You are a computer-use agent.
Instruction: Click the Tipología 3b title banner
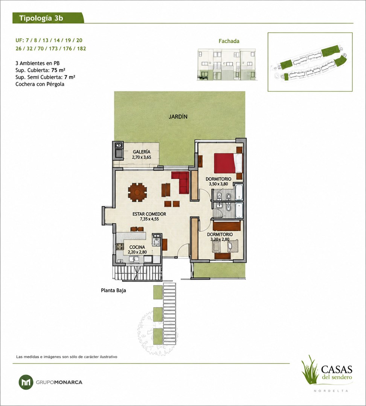[48, 18]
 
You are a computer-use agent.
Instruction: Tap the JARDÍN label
[178, 117]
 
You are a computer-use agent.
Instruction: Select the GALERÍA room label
[141, 152]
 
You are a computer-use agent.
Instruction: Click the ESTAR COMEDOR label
[149, 214]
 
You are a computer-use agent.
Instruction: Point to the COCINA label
[137, 247]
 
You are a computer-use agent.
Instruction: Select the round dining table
[137, 192]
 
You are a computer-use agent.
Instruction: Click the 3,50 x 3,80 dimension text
[218, 184]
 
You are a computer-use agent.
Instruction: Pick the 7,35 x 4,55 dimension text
[149, 219]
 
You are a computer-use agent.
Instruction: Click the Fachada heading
[229, 41]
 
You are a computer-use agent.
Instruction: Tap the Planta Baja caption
[113, 290]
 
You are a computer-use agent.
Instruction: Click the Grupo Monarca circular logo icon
[26, 382]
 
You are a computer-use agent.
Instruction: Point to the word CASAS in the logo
[336, 369]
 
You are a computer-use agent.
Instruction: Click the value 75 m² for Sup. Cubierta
[58, 70]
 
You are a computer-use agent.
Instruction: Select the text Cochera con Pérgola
[40, 84]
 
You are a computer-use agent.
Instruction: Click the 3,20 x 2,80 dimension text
[220, 239]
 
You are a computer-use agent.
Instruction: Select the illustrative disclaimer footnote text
[67, 356]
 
